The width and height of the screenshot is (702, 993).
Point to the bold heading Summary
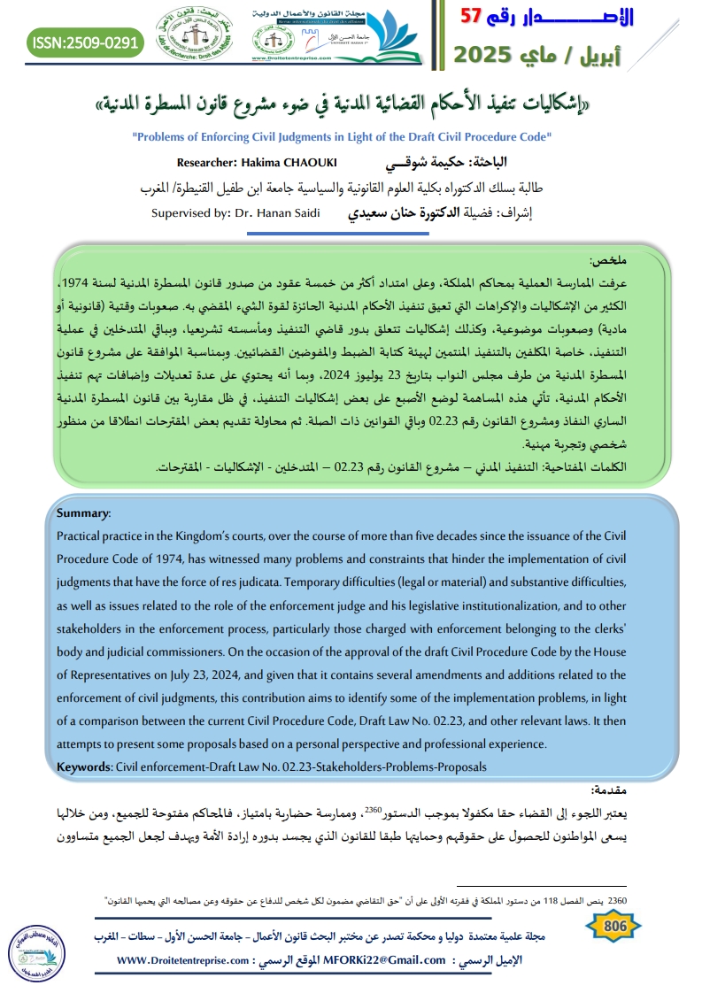click(x=83, y=513)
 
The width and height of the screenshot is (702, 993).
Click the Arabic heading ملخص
click(x=608, y=261)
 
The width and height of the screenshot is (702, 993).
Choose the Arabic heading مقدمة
click(x=610, y=789)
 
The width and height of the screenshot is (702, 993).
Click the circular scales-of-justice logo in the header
click(x=188, y=37)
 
